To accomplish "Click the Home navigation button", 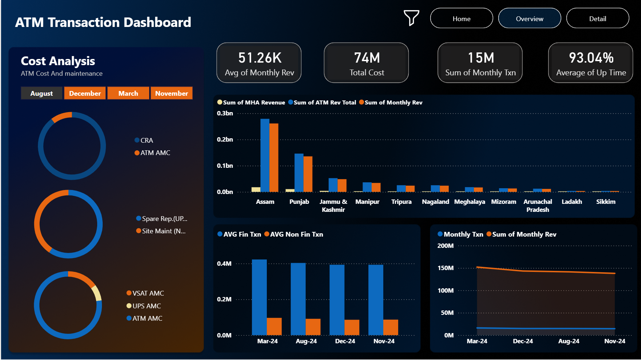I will tap(461, 19).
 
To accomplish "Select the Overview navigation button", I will tap(529, 19).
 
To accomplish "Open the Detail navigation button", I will tap(597, 19).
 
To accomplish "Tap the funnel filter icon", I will tap(411, 17).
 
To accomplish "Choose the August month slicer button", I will tap(41, 93).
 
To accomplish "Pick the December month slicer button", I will tap(85, 93).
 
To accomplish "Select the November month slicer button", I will tap(171, 93).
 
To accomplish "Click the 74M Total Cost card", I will tap(366, 63).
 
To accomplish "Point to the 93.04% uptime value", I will tap(591, 58).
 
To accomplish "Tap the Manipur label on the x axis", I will tap(367, 202).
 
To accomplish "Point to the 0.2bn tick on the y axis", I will tap(225, 139).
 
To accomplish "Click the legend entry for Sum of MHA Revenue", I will tap(251, 103).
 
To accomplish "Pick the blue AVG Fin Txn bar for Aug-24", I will tap(298, 299).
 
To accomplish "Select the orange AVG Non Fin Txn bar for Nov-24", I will tap(391, 327).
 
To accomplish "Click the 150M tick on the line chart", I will tap(446, 268).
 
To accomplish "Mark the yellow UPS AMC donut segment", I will tap(97, 293).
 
